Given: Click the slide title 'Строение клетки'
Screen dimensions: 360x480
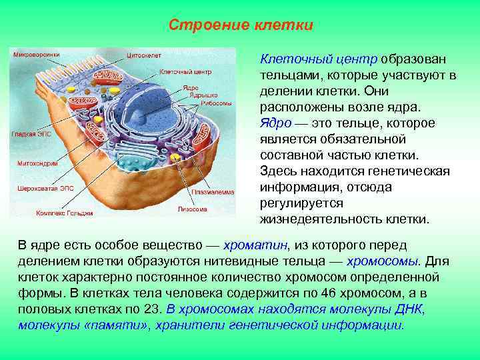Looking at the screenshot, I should [x=241, y=25].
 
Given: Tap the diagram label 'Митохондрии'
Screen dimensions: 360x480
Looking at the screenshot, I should [x=32, y=163].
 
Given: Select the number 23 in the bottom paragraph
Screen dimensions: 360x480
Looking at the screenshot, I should [x=151, y=309].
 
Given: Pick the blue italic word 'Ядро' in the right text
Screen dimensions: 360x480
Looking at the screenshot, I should [x=273, y=123].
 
